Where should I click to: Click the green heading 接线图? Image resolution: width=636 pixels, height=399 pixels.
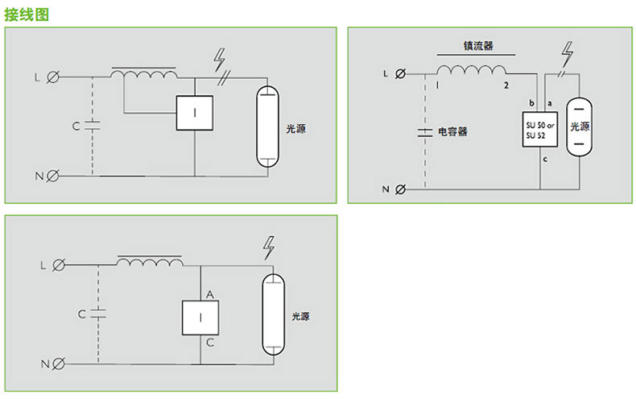(27, 15)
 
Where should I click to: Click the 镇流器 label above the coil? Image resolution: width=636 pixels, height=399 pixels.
(478, 45)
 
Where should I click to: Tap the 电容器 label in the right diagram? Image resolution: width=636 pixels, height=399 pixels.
(452, 131)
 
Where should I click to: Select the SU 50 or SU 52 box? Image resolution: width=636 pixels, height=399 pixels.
(540, 130)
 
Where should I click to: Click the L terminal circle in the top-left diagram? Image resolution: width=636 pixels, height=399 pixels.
(52, 77)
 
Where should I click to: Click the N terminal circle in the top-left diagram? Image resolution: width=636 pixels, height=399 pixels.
(52, 176)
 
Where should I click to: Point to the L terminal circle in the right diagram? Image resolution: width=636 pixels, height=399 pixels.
(400, 74)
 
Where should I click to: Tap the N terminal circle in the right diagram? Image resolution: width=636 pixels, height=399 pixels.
(400, 189)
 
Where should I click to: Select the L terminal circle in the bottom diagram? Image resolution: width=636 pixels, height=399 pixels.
(59, 265)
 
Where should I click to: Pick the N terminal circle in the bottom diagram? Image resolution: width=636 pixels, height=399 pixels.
(59, 364)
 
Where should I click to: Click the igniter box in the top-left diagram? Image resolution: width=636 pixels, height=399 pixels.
(195, 113)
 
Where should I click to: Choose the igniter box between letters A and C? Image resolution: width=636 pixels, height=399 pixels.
(200, 318)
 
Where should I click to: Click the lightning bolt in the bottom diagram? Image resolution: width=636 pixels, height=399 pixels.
(269, 247)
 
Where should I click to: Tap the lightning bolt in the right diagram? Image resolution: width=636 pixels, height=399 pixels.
(568, 53)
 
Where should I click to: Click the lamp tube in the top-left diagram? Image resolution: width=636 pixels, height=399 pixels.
(268, 127)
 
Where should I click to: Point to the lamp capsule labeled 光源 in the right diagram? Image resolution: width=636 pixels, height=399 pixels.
(579, 127)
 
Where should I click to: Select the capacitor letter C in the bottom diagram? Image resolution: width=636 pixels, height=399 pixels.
(82, 314)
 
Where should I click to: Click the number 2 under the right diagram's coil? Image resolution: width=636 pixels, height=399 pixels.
(506, 85)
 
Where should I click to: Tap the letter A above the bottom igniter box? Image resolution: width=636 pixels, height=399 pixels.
(209, 294)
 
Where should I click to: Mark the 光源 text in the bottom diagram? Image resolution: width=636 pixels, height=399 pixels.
(300, 317)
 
